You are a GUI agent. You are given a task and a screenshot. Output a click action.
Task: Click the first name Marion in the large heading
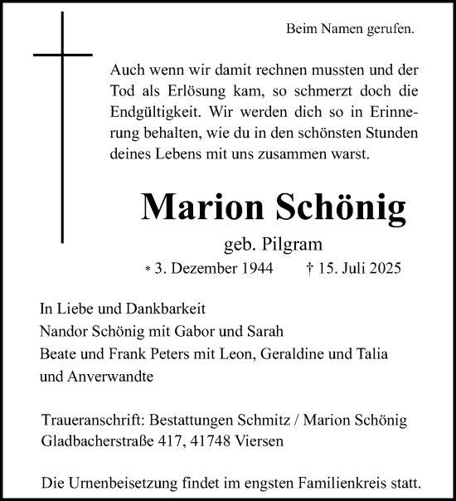coord(195,207)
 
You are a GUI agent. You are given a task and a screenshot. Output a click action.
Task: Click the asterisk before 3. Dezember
coord(148,270)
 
